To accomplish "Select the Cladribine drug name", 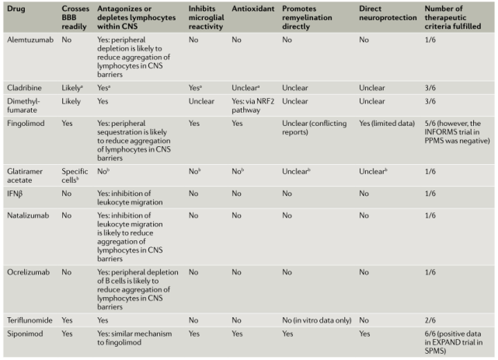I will coord(23,109).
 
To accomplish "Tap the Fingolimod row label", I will coord(25,144).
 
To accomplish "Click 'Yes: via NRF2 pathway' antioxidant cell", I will coord(252,126).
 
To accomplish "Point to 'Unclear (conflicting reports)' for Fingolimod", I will coord(317,149).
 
